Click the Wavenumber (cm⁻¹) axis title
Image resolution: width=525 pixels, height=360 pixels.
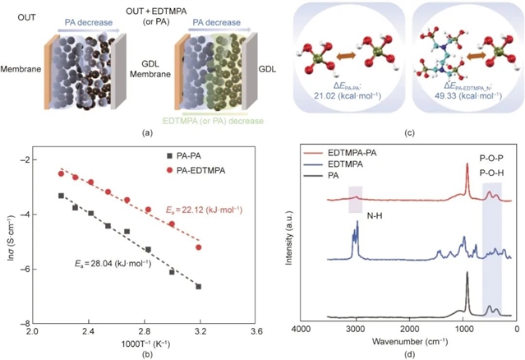tap(408, 342)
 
